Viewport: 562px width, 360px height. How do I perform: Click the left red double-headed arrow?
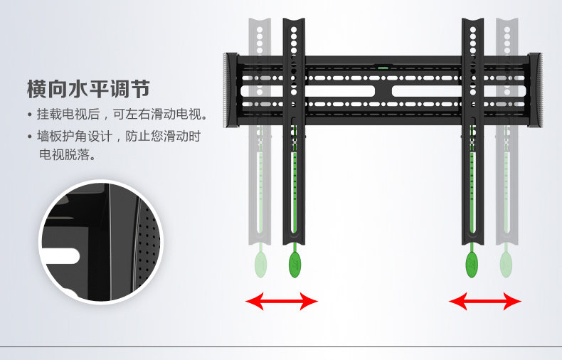point(281,302)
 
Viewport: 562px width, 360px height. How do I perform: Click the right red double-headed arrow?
point(484,302)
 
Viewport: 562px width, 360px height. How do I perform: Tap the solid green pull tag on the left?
point(295,265)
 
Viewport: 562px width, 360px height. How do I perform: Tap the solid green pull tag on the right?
point(472,265)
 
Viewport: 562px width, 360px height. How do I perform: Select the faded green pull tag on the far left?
point(261,265)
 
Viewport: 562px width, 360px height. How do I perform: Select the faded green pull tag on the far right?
point(506,265)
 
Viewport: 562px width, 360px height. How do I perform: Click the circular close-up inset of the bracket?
point(101,243)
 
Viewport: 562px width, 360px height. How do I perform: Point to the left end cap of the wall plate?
point(230,90)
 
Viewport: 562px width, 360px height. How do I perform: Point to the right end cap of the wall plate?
point(535,90)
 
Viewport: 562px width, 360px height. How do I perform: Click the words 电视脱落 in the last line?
point(67,154)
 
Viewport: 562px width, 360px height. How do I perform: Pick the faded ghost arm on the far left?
point(261,178)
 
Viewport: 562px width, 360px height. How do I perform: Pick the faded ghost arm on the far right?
point(506,178)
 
